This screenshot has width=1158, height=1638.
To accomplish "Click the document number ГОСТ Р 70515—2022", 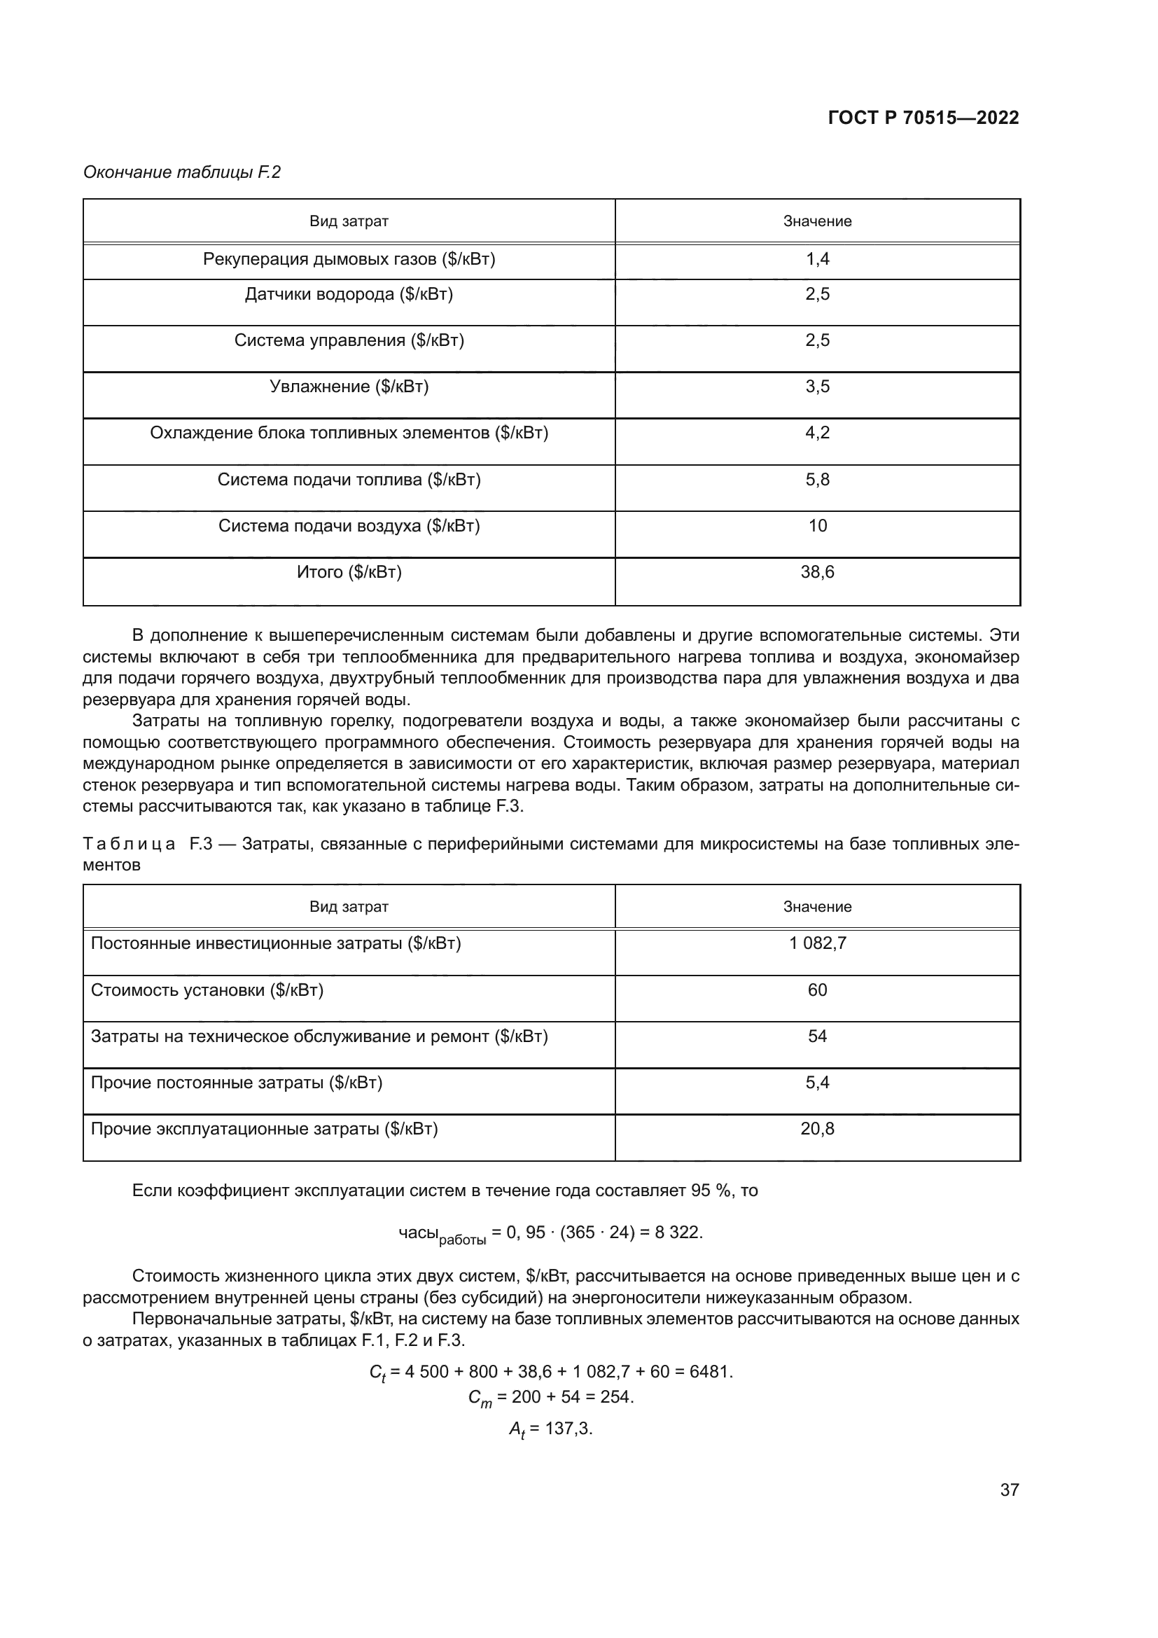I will (x=923, y=118).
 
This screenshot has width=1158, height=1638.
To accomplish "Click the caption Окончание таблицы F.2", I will (x=182, y=172).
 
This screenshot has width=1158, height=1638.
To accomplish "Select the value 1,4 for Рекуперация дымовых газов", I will (x=817, y=259).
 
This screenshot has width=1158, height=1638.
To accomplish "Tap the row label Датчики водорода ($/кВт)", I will (x=349, y=294).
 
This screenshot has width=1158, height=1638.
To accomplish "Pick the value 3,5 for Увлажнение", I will (x=817, y=387).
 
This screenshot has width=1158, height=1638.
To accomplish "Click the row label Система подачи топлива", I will (x=349, y=480).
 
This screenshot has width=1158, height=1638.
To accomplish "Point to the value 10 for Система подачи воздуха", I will (x=817, y=526).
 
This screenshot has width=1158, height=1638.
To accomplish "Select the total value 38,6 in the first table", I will (x=817, y=572).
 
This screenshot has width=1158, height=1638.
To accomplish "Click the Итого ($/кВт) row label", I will (x=349, y=572).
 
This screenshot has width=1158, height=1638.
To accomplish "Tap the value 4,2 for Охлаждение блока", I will (x=817, y=433).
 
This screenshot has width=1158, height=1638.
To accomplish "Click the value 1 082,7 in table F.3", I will (x=817, y=943).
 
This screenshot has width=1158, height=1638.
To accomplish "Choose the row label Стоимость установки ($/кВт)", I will (x=207, y=990).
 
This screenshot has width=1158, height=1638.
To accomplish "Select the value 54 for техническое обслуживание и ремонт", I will (x=817, y=1036).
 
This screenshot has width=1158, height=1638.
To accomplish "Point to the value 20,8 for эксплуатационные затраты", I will (x=817, y=1129).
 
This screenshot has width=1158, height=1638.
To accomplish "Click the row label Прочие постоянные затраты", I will (x=236, y=1083).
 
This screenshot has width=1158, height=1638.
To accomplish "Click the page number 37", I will (x=1009, y=1490).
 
